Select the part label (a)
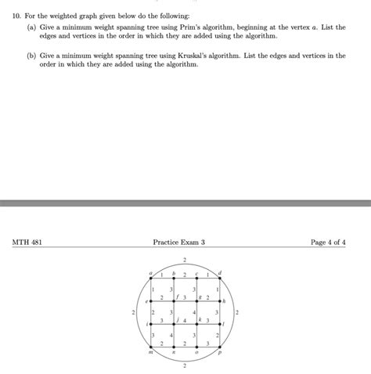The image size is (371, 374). point(32,26)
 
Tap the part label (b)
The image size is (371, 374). point(32,56)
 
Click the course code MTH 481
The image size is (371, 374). point(27,243)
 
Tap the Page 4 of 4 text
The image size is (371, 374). point(328,243)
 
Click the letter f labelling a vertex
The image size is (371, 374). point(178,297)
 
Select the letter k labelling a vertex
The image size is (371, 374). point(200,320)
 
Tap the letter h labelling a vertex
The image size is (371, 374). point(224,301)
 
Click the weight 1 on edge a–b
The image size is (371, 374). point(161,275)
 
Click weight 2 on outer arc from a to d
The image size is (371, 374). point(185,258)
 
